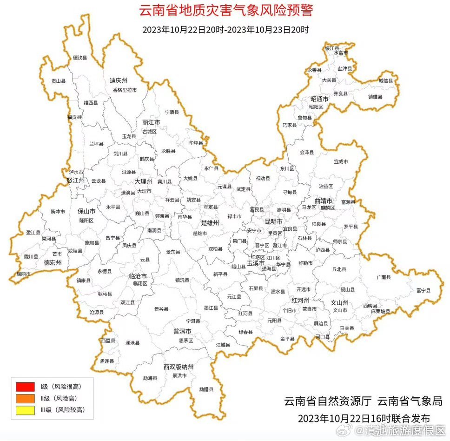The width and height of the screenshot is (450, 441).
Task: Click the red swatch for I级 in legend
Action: pyautogui.click(x=25, y=386)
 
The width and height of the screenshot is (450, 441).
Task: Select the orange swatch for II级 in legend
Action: pyautogui.click(x=25, y=398)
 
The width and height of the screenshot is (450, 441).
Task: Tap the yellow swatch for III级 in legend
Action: pyautogui.click(x=25, y=410)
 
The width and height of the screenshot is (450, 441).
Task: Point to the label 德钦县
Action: pyautogui.click(x=80, y=58)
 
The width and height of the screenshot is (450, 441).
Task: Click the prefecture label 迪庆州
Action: pyautogui.click(x=118, y=80)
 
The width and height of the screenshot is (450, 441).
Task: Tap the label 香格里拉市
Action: pyautogui.click(x=125, y=90)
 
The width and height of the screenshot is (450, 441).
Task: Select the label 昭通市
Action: pyautogui.click(x=319, y=99)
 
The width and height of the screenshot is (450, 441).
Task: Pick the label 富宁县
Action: pyautogui.click(x=423, y=290)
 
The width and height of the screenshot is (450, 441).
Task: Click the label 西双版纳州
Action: pyautogui.click(x=179, y=367)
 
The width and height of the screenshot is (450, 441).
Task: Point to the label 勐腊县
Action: pyautogui.click(x=206, y=389)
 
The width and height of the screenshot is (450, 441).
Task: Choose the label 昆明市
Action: pyautogui.click(x=274, y=221)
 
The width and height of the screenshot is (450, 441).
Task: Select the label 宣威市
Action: pyautogui.click(x=341, y=161)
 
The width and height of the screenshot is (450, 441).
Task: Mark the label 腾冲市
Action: pyautogui.click(x=58, y=211)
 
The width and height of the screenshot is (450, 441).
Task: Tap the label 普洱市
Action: pyautogui.click(x=182, y=331)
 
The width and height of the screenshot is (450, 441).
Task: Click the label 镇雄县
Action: pyautogui.click(x=375, y=97)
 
